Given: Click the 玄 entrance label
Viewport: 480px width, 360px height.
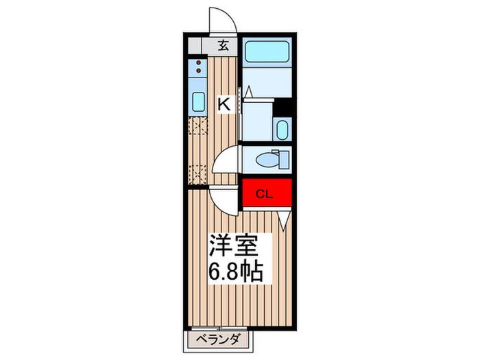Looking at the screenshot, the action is point(224,46).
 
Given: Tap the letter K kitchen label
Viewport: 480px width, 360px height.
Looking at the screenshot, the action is point(224,104).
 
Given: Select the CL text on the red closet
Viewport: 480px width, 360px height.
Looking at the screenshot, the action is point(264,194).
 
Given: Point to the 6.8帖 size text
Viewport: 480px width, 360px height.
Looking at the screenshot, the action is point(236,272).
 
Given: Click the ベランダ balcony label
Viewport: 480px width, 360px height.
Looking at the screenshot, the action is point(217,339).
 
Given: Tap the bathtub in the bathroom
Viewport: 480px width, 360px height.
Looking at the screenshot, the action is point(267,51).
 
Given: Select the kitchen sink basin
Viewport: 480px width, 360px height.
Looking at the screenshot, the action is point(198,102).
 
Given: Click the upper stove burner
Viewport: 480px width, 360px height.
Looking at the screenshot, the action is point(199,63).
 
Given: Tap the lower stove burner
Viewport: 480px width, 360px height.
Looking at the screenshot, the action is point(199,71).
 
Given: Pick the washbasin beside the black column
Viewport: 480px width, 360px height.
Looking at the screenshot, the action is point(283,130).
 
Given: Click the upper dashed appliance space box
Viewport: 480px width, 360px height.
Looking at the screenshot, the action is point(197,125).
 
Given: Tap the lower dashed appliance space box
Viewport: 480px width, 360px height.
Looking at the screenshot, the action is point(197,174).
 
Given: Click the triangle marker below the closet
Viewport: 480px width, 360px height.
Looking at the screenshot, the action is point(284,220).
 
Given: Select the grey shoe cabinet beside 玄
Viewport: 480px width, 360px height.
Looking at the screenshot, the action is point(195,46).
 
